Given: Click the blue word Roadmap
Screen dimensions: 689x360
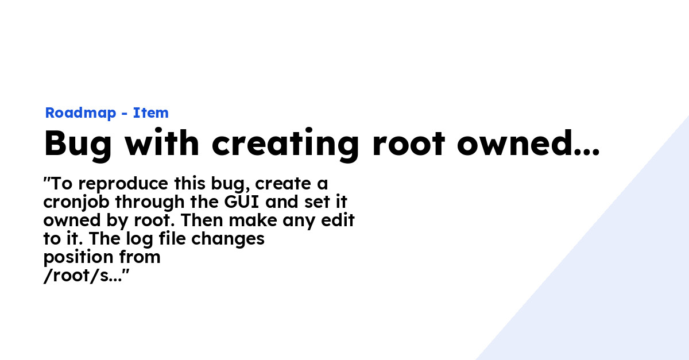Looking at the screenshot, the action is tap(80, 113).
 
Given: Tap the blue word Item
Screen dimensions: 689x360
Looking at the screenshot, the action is tap(150, 113).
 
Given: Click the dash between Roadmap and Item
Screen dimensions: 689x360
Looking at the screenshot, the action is tap(125, 114).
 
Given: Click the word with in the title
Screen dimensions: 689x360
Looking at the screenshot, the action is tap(162, 142).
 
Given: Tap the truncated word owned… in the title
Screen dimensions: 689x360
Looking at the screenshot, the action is tap(528, 142).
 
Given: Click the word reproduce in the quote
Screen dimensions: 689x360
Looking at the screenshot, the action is tap(123, 184).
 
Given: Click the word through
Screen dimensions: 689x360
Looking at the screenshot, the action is tap(150, 202).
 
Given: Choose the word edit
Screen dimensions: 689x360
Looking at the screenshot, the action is tap(338, 220).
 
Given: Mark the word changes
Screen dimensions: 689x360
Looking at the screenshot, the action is tap(228, 239).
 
